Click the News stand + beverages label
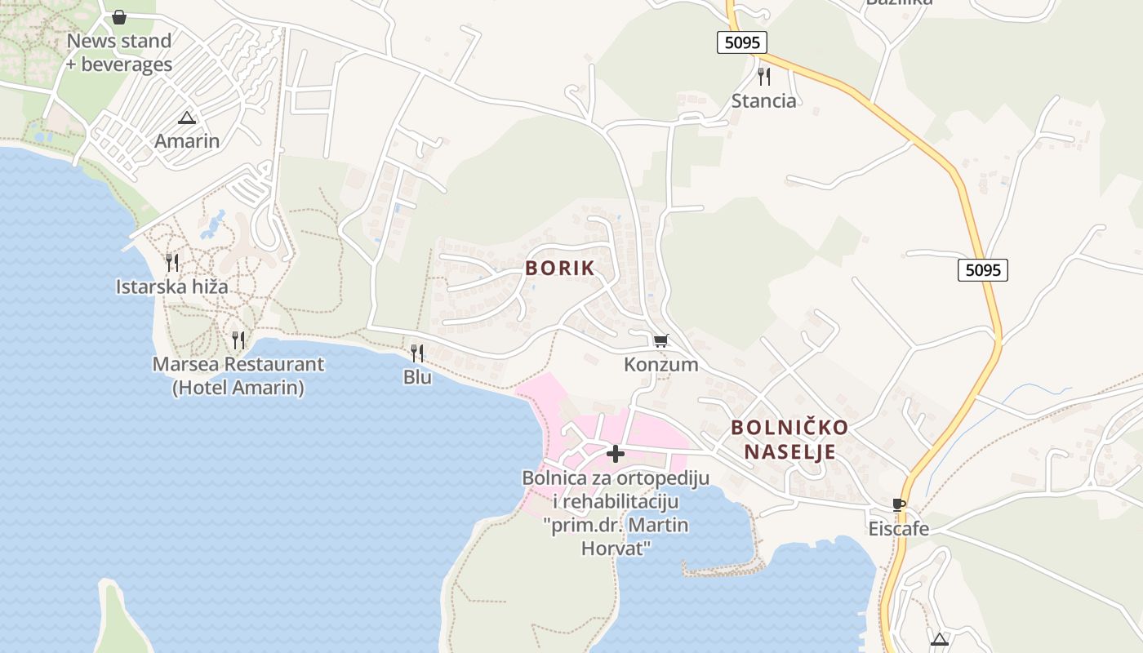tap(119, 52)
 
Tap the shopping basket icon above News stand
tap(119, 17)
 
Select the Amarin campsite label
tap(187, 140)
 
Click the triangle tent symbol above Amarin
tap(187, 118)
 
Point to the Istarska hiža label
tap(171, 287)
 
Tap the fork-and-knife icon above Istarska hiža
tap(171, 262)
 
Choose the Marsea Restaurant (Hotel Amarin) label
tap(238, 375)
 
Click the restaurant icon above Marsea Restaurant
tap(238, 340)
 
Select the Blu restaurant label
tap(417, 377)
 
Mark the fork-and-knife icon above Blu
tap(417, 353)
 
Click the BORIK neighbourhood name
tap(560, 268)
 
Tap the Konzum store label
tap(661, 364)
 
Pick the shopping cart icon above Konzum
tap(661, 340)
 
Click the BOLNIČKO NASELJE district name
tap(789, 439)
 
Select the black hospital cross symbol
tap(616, 454)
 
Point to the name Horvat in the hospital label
tap(616, 547)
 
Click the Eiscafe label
tap(898, 528)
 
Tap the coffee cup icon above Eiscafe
tap(899, 504)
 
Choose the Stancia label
tap(763, 100)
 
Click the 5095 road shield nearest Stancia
tap(742, 42)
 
